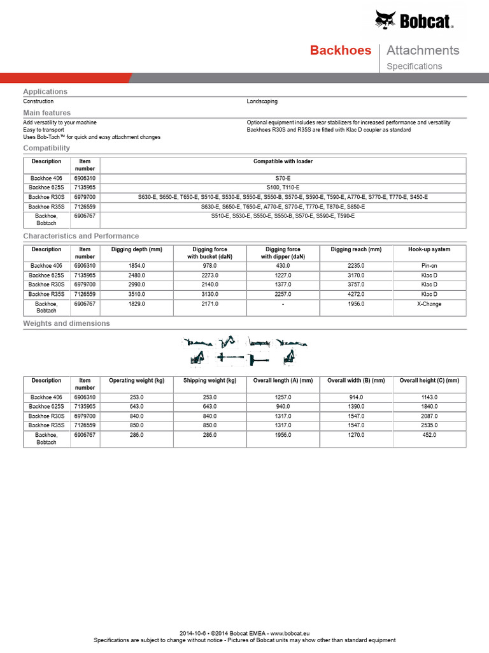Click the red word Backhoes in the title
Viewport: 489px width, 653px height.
click(340, 50)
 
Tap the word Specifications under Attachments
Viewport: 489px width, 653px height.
click(414, 66)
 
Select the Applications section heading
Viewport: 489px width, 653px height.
click(45, 92)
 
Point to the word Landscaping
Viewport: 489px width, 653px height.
click(262, 101)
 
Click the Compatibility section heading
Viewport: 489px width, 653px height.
click(46, 148)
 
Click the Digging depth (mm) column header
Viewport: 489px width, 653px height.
click(136, 249)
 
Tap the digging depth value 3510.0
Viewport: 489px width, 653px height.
click(136, 295)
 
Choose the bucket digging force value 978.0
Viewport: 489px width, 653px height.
click(209, 266)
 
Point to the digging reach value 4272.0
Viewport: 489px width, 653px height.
click(356, 295)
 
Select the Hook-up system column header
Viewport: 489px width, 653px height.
click(429, 249)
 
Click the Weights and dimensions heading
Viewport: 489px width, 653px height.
click(66, 323)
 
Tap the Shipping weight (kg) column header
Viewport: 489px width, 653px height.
click(209, 381)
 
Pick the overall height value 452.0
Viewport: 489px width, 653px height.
click(429, 435)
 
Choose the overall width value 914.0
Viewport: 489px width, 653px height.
click(356, 397)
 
